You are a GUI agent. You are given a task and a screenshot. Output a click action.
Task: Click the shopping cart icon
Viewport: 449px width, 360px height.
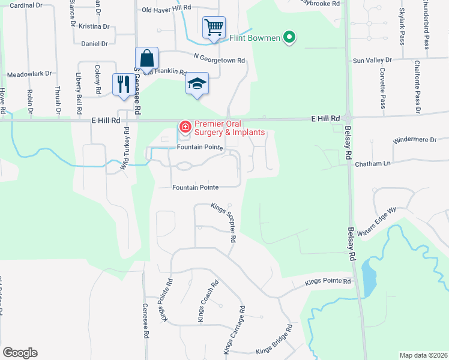pos(213,27)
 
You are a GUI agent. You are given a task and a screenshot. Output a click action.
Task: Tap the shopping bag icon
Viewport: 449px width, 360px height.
pos(146,58)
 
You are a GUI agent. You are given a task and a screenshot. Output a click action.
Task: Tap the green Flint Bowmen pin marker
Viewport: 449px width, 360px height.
pos(289,37)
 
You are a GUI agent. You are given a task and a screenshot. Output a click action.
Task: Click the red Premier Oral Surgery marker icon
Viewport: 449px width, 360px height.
pos(185,127)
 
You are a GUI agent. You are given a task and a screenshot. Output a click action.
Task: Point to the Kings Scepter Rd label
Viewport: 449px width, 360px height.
pos(223,222)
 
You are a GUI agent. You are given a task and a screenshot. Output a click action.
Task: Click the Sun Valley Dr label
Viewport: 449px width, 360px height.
pos(372,61)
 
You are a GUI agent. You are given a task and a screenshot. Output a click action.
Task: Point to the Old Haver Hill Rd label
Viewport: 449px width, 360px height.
pos(166,10)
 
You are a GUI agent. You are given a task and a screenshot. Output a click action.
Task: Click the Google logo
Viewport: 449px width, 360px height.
pos(20,353)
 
